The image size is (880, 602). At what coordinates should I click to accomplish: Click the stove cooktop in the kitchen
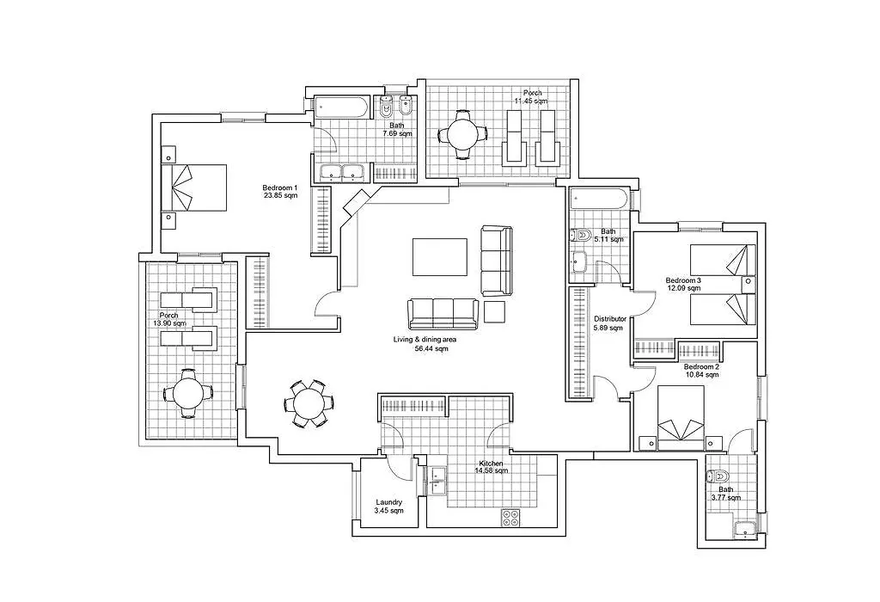pyautogui.click(x=510, y=517)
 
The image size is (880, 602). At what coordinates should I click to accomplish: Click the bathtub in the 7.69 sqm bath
pyautogui.click(x=341, y=107)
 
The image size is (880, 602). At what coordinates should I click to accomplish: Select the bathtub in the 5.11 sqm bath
pyautogui.click(x=599, y=200)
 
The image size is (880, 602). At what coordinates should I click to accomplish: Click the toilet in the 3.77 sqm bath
pyautogui.click(x=718, y=476)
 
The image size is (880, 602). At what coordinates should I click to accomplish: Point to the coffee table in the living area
pyautogui.click(x=440, y=257)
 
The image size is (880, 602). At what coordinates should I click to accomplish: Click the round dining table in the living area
pyautogui.click(x=309, y=403)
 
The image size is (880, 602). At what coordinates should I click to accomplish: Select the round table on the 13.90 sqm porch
pyautogui.click(x=188, y=394)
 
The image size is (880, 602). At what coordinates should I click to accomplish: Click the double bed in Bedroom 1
pyautogui.click(x=194, y=187)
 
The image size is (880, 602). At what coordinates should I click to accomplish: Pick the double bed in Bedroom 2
pyautogui.click(x=681, y=418)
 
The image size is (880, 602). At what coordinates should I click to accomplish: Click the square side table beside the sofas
pyautogui.click(x=495, y=311)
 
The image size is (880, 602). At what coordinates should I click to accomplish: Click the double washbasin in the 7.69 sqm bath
pyautogui.click(x=340, y=173)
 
